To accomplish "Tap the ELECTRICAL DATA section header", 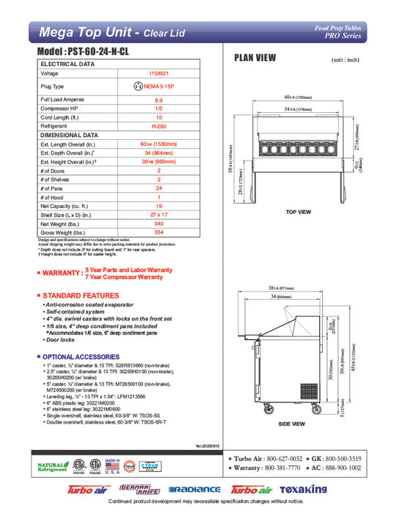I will (x=68, y=64).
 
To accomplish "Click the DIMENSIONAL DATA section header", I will (x=70, y=136).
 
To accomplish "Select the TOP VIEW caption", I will (x=298, y=212).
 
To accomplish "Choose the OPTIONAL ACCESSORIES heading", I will (x=83, y=356).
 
